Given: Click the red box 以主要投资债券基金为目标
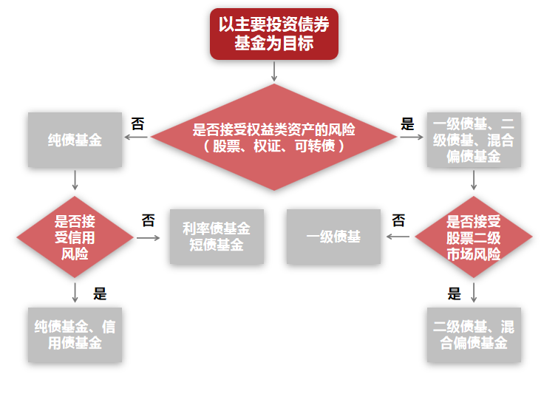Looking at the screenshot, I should tap(273, 34).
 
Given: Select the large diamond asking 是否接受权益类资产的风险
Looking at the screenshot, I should tap(273, 138).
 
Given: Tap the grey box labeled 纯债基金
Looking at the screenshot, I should tap(75, 139).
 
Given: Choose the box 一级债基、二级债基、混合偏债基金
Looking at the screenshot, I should tap(474, 139).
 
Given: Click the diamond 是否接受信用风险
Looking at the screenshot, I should tap(75, 237).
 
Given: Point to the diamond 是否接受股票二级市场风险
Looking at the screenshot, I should tap(474, 237).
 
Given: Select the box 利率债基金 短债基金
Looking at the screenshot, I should tap(217, 237).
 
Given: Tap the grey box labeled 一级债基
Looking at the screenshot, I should tap(333, 237).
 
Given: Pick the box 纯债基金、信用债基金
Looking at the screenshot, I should tap(75, 335).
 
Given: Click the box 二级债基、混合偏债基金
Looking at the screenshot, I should tap(474, 335).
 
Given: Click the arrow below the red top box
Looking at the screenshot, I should tap(274, 71).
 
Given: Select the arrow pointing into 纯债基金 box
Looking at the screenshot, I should tap(137, 138).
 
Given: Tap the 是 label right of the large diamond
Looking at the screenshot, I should tap(407, 123).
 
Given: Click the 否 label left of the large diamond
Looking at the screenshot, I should tap(137, 123).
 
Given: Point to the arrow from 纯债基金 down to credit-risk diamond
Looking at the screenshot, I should tap(75, 180).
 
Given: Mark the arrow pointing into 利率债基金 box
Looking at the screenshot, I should tap(149, 237).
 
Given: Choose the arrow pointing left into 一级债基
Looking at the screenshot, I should tap(399, 237).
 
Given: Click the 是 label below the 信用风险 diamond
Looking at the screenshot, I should tap(100, 294).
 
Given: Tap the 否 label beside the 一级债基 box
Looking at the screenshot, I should tap(398, 220).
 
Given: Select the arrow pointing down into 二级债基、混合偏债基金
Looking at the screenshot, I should tap(474, 292).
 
